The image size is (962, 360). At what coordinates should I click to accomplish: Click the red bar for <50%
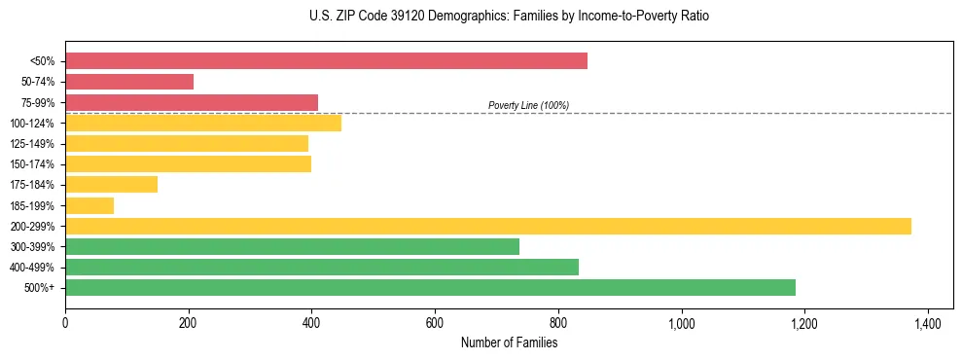326,61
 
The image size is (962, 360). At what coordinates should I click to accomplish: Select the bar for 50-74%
129,82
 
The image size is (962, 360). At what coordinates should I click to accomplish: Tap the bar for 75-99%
192,102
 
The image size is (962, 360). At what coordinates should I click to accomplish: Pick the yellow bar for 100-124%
203,123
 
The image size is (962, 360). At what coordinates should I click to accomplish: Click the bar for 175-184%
111,185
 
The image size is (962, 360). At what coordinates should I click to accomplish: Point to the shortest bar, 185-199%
89,205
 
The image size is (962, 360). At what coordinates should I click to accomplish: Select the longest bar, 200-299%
488,226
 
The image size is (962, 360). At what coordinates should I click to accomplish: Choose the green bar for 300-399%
292,246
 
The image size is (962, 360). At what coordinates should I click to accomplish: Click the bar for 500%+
430,287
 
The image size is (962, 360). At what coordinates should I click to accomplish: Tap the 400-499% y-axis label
38,268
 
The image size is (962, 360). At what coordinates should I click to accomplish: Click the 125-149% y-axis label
38,144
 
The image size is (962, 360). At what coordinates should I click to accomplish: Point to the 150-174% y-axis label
38,164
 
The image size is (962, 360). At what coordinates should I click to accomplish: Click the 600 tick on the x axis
435,323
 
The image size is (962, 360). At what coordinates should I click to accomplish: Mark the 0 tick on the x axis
65,323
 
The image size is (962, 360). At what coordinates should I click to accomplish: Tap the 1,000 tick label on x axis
681,323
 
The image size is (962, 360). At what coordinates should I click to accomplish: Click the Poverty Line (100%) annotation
528,105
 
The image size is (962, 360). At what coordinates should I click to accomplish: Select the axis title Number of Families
509,342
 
